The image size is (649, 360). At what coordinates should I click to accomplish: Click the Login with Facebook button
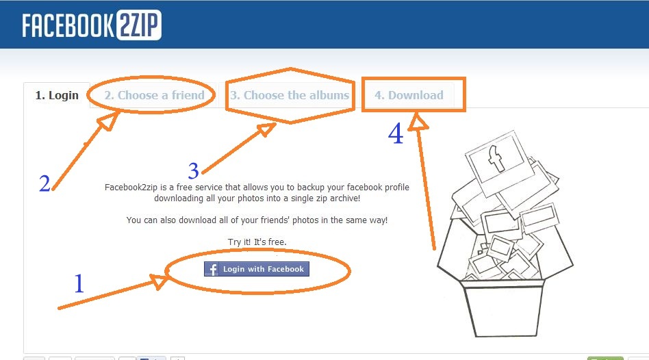(x=257, y=269)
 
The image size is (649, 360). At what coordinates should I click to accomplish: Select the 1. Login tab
(x=57, y=95)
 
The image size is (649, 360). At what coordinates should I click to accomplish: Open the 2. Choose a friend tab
(x=155, y=95)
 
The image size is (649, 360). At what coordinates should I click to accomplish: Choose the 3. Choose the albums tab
(x=290, y=95)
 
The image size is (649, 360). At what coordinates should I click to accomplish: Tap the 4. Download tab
(x=409, y=95)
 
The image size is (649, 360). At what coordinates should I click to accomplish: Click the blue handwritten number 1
(x=79, y=284)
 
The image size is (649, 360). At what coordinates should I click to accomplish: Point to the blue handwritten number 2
(x=44, y=183)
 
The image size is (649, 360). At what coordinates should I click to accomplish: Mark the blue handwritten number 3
(x=194, y=170)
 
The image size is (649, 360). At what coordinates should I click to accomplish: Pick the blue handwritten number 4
(x=396, y=133)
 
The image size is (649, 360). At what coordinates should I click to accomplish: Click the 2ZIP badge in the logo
(x=139, y=25)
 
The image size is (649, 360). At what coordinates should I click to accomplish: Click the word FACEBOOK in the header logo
(x=68, y=25)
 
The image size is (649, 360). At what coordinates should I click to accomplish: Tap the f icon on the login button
(x=212, y=270)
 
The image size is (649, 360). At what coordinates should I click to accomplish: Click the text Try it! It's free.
(x=257, y=242)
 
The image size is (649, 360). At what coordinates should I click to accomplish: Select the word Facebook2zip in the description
(x=131, y=187)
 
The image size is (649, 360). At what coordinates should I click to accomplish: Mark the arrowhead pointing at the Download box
(x=418, y=123)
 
